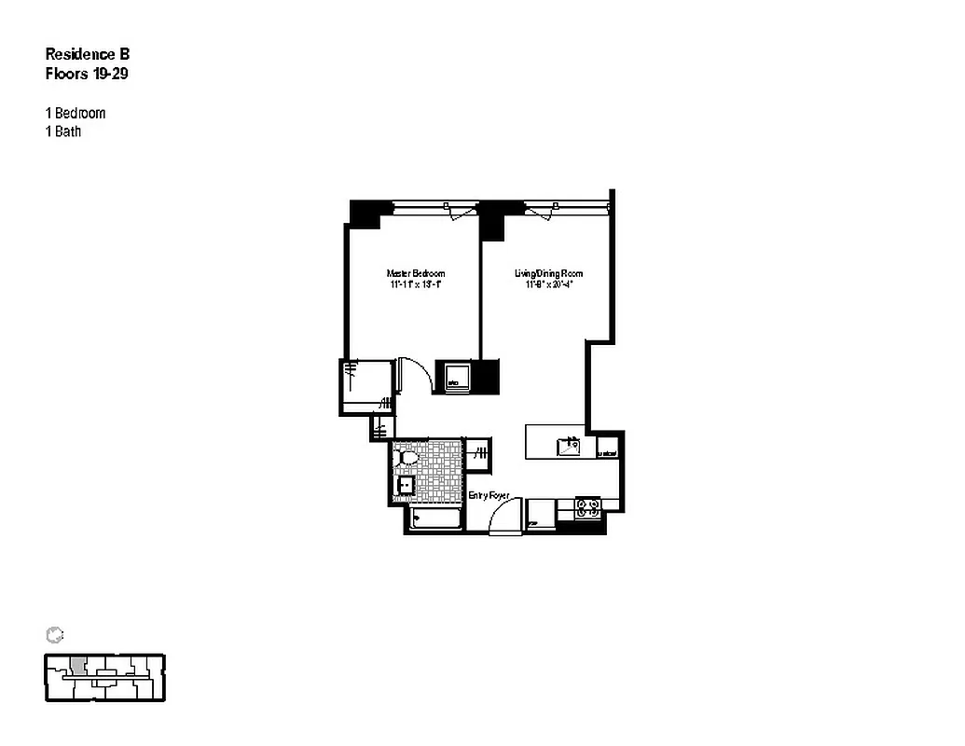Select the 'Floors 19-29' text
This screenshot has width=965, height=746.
[x=87, y=74]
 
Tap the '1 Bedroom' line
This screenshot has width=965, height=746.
[x=76, y=113]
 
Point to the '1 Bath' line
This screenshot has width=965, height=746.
[x=63, y=131]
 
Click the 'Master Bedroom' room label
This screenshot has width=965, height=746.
[x=415, y=273]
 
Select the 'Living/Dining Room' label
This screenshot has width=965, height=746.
[x=549, y=273]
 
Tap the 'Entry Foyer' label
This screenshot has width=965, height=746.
[x=489, y=495]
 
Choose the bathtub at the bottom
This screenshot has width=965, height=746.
[x=434, y=520]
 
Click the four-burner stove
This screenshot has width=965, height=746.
[x=588, y=508]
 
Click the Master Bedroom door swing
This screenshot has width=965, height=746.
[x=414, y=376]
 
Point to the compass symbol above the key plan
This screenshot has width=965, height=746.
[x=54, y=635]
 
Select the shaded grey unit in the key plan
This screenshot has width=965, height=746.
[x=79, y=667]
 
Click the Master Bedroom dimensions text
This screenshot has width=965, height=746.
[x=415, y=284]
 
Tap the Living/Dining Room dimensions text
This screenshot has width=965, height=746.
[x=549, y=284]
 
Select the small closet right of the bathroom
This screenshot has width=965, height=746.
[x=478, y=454]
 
